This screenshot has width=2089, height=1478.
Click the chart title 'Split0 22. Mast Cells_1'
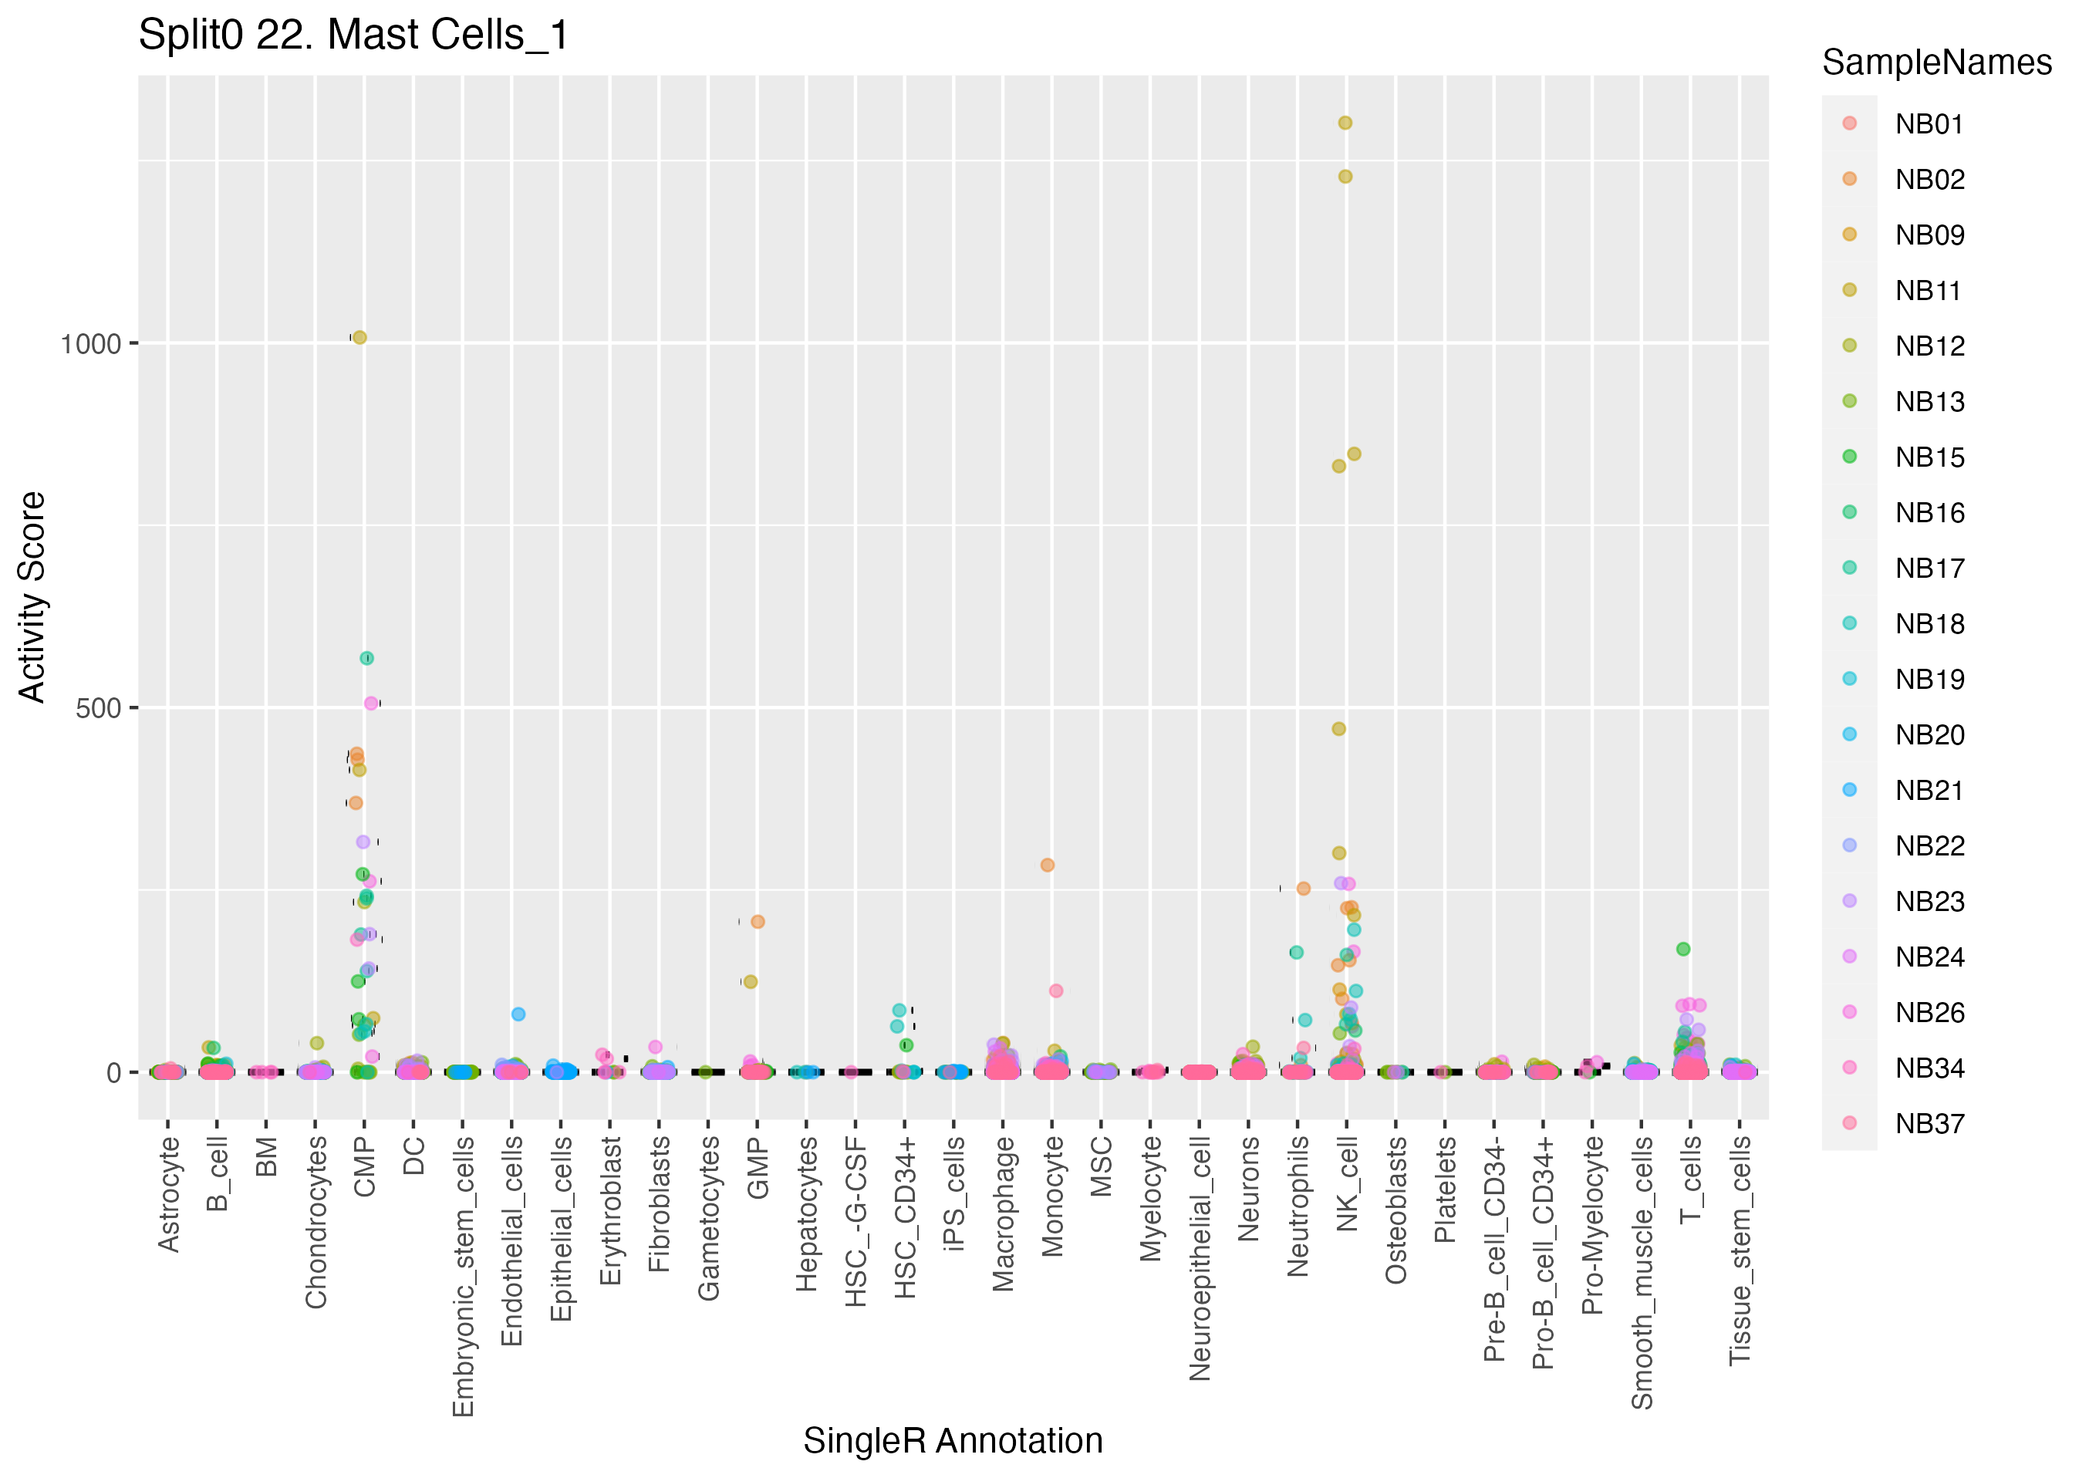coord(353,35)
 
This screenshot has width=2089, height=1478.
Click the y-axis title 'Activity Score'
coord(32,597)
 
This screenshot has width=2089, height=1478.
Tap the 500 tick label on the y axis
coord(98,708)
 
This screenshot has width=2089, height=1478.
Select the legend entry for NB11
coord(1929,290)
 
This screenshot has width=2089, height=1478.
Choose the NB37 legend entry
coord(1929,1123)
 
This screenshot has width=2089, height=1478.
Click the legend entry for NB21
coord(1929,790)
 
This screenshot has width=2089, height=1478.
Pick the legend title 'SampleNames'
coord(1936,62)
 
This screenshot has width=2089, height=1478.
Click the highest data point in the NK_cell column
coord(1345,123)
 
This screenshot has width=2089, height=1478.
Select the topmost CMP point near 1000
coord(359,338)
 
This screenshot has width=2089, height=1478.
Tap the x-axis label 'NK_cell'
coord(1348,1183)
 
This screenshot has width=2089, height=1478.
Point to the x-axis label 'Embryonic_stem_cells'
coord(463,1275)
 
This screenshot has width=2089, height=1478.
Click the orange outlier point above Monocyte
coord(1048,865)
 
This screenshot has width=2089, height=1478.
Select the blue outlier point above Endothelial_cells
coord(518,1014)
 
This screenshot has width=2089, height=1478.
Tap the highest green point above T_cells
coord(1683,950)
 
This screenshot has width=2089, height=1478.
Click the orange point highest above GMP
coord(758,922)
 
